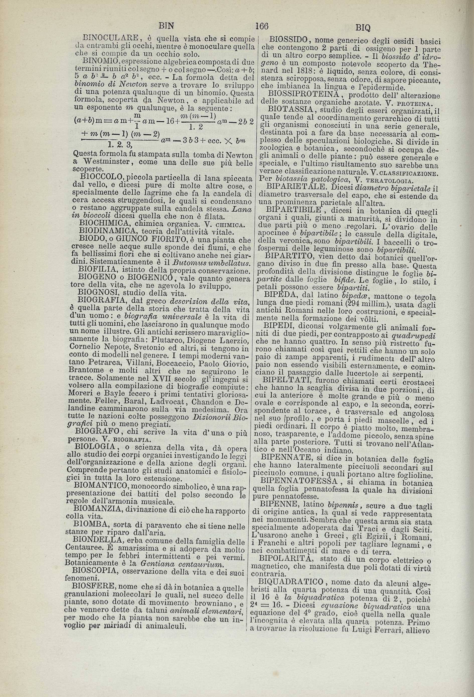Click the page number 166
click(x=262, y=26)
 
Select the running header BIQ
click(x=363, y=28)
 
